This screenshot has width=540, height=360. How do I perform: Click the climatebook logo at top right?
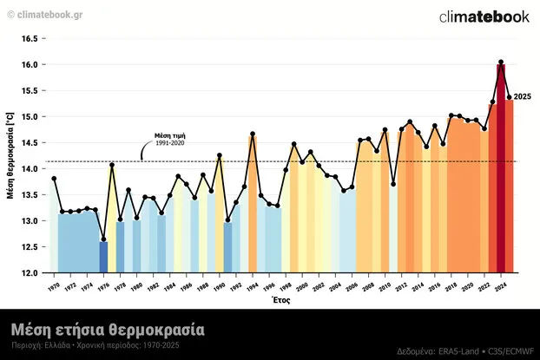tap(484, 16)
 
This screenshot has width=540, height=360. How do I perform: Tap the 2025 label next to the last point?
tap(524, 96)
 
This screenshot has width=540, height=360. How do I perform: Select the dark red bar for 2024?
tap(501, 173)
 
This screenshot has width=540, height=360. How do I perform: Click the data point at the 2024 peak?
tap(501, 62)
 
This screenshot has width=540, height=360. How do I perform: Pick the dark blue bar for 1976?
tap(103, 256)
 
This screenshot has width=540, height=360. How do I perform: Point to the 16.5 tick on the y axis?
tap(30, 39)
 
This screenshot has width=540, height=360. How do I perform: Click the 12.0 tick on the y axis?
tap(30, 273)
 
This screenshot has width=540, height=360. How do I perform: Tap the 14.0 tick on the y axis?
tap(30, 169)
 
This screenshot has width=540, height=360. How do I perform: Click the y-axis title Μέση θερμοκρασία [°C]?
tap(10, 156)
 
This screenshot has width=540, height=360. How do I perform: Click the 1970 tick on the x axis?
tap(54, 285)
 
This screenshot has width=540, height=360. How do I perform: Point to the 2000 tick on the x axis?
tap(302, 285)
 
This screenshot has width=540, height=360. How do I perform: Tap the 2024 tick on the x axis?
tap(501, 285)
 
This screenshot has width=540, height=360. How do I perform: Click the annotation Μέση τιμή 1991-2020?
tap(169, 139)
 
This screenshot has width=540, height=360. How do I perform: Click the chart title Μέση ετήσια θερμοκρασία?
tap(108, 330)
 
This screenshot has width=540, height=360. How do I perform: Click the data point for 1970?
tap(54, 179)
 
